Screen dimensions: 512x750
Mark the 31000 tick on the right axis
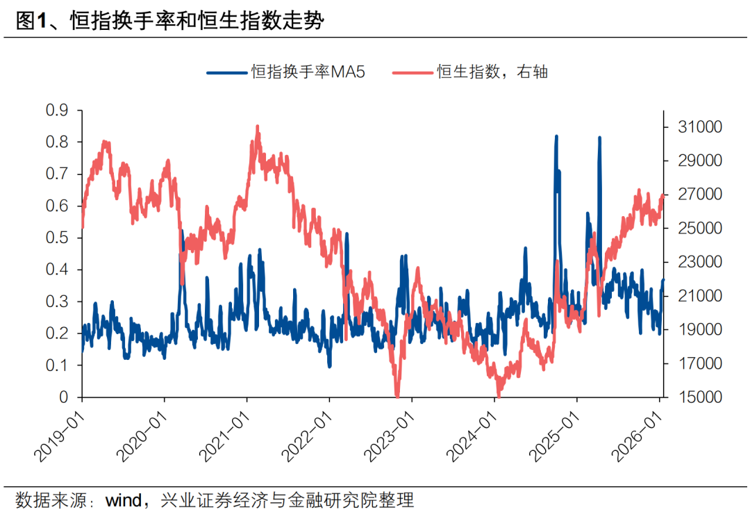click(684, 127)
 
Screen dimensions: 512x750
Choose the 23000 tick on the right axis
click(684, 263)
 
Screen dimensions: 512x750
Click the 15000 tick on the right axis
click(684, 397)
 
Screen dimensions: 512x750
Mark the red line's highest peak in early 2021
click(258, 127)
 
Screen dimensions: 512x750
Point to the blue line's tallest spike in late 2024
click(556, 137)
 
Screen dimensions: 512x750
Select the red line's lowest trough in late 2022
click(397, 395)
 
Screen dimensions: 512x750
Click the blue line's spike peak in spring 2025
click(599, 138)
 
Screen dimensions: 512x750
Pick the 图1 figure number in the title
click(31, 22)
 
